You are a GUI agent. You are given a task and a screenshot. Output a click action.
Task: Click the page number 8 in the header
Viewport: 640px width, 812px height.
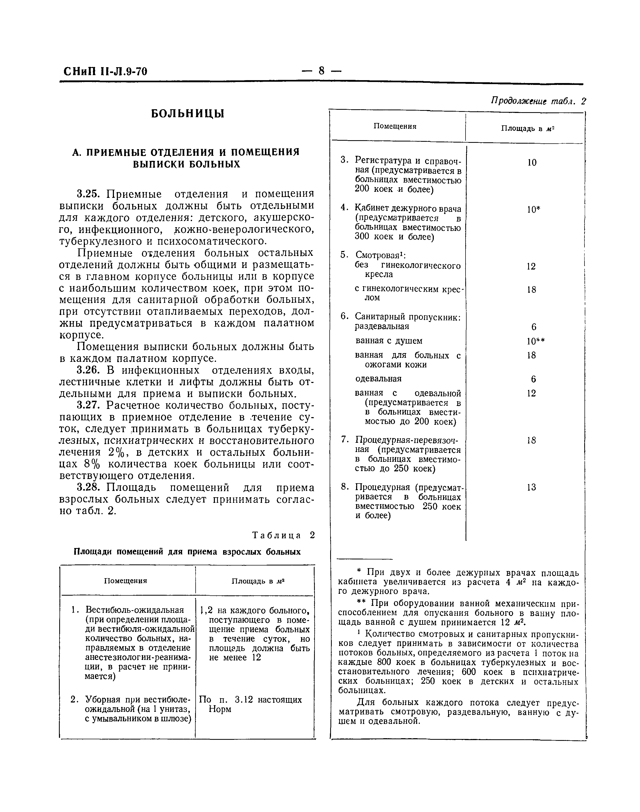point(321,70)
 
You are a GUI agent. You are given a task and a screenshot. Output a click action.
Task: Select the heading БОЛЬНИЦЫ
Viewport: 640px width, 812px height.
point(187,113)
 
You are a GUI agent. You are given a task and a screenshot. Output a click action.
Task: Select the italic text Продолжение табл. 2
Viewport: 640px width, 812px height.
point(538,102)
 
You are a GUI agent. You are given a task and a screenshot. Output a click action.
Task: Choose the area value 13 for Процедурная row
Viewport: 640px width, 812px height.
point(531,487)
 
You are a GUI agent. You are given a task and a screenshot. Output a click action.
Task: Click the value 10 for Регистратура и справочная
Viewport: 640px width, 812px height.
point(532,163)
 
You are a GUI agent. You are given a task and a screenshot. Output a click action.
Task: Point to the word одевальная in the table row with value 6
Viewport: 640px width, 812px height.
point(378,379)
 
